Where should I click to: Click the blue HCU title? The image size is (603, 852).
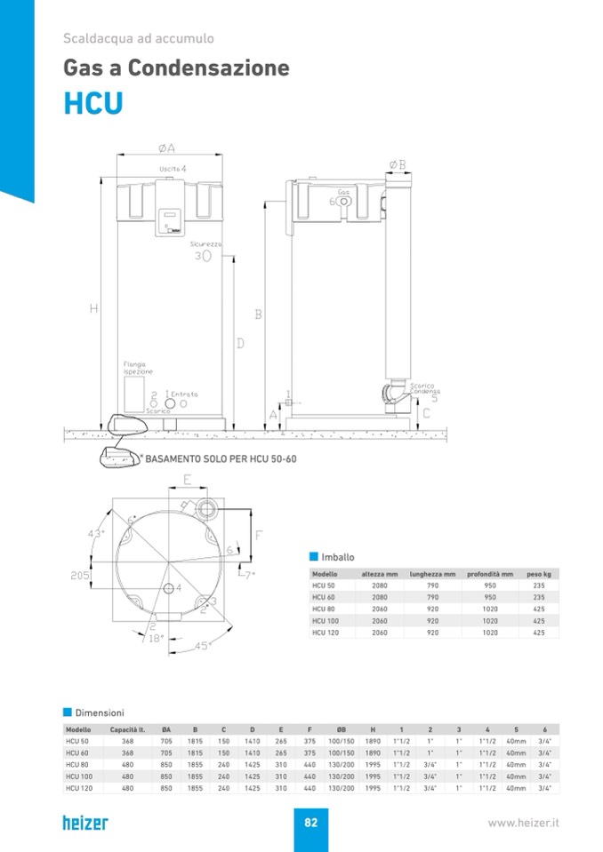[x=92, y=102]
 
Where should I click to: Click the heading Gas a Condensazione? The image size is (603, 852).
[x=176, y=68]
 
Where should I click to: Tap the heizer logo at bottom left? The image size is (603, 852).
[x=85, y=822]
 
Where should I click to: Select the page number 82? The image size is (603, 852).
[x=310, y=823]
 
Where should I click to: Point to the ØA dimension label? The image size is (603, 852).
[x=166, y=147]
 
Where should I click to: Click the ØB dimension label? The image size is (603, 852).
[x=398, y=164]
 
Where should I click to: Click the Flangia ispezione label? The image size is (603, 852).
[x=138, y=368]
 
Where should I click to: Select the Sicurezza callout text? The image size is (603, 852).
[x=205, y=243]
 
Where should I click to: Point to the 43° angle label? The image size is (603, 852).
[x=96, y=533]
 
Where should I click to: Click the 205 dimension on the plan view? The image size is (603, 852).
[x=81, y=576]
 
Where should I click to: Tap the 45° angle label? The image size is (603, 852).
[x=202, y=646]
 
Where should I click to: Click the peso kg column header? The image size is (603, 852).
[x=538, y=574]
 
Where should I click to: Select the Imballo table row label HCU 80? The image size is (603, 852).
[x=323, y=609]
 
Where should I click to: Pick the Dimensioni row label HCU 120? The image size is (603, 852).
[x=79, y=787]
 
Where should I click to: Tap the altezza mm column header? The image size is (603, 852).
[x=380, y=574]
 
